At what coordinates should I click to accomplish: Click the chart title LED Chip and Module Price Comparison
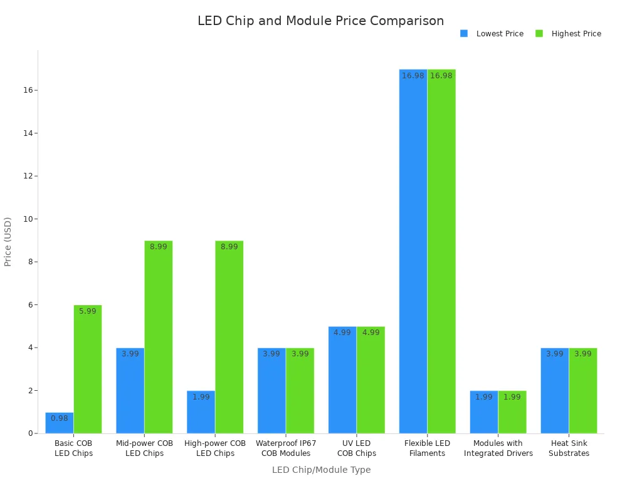pos(320,21)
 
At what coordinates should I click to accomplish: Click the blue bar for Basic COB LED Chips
pos(60,423)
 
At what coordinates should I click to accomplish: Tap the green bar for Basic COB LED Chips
pos(88,370)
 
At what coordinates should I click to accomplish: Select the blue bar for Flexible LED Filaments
pos(413,251)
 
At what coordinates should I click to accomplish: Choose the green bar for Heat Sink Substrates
pos(583,391)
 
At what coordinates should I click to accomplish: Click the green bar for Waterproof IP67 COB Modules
pos(300,391)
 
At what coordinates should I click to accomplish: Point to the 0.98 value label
pos(60,418)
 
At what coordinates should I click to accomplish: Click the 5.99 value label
pos(88,311)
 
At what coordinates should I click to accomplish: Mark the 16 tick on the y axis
pos(28,90)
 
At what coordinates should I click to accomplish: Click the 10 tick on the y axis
pos(28,219)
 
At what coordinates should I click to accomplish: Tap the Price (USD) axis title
pos(8,242)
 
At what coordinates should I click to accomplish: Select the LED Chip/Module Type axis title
pos(321,470)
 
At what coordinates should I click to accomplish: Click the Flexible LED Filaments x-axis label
pos(427,448)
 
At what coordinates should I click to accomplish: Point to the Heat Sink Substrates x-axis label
pos(569,448)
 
